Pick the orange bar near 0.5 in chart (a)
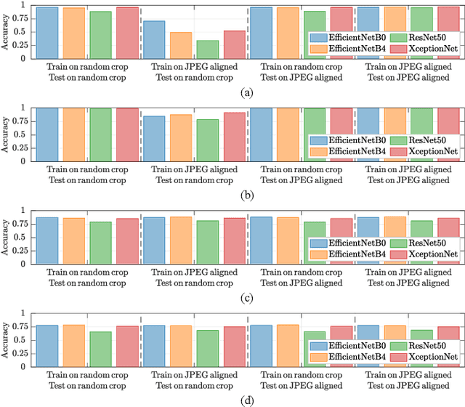coord(180,45)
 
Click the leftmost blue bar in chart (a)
coord(47,33)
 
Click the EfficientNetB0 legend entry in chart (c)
coord(348,243)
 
